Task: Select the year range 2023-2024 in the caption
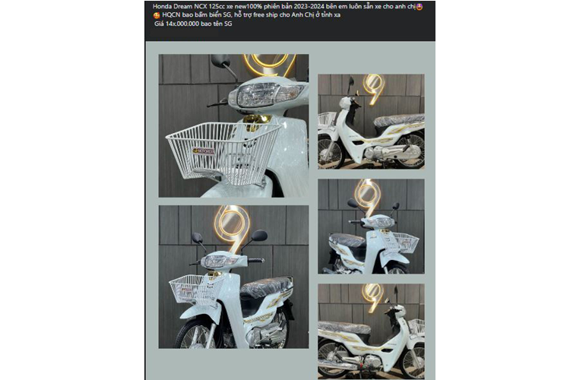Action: pos(306,7)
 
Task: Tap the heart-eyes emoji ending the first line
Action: pos(419,7)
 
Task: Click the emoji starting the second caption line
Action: pos(157,15)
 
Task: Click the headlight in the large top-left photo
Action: pos(258,94)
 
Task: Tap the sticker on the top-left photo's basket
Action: pos(204,150)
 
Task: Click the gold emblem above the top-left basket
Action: pos(258,122)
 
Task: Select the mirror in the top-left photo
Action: pos(220,59)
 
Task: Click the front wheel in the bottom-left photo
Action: pos(194,334)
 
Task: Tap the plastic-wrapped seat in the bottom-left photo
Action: pos(266,286)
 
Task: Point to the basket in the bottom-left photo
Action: pos(196,290)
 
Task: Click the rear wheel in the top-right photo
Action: pos(410,150)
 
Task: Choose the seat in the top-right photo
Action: pos(399,120)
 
